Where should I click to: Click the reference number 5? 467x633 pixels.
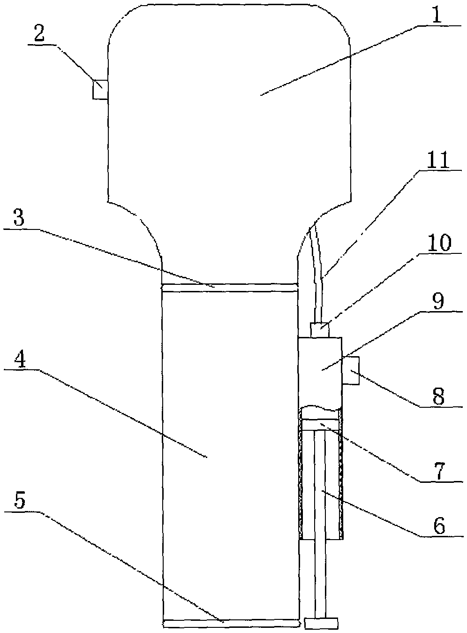[19, 502]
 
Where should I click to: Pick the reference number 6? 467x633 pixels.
[438, 526]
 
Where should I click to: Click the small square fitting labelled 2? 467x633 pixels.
[100, 89]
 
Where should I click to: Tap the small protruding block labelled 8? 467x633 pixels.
[351, 371]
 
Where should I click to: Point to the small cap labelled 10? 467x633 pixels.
[320, 330]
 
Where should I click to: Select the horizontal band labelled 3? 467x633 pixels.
[230, 287]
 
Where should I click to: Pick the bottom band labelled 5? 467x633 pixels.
[231, 623]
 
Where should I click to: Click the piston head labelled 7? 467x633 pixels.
[321, 424]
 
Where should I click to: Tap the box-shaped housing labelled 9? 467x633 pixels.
[320, 371]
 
